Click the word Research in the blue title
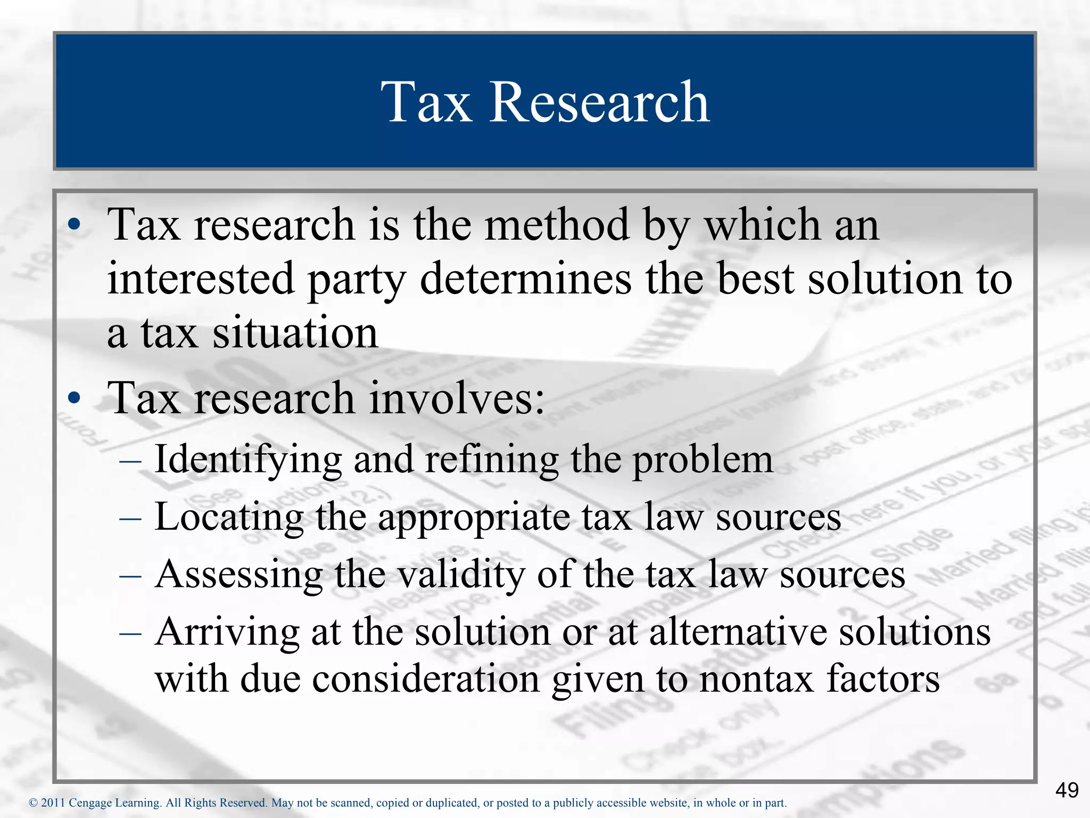point(599,102)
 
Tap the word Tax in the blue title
point(426,102)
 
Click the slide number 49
point(1067,790)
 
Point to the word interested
point(201,279)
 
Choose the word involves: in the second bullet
point(457,398)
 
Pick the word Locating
point(229,517)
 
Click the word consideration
point(426,680)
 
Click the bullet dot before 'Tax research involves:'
point(74,398)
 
